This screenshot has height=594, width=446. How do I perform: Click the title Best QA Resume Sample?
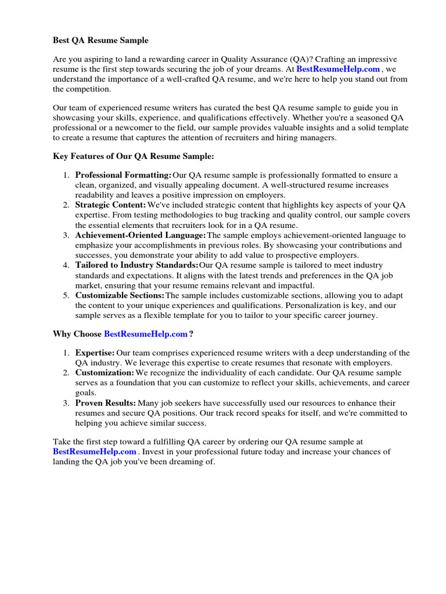[x=100, y=40]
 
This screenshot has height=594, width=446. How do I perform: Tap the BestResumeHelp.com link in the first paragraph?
[x=338, y=69]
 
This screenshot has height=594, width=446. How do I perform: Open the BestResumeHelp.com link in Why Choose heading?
[x=146, y=334]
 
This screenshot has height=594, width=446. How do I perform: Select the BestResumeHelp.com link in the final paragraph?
[x=95, y=452]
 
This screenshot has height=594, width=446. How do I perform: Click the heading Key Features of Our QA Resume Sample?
[x=134, y=156]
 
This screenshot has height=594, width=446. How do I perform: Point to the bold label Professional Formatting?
[x=123, y=175]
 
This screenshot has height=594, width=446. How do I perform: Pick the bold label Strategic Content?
[x=110, y=205]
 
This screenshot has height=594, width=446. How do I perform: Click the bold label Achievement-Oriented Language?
[x=141, y=235]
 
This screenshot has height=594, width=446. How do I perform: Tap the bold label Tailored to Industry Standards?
[x=136, y=265]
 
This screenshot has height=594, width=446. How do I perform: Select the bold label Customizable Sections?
[x=120, y=295]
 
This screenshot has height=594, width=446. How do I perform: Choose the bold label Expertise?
[x=95, y=352]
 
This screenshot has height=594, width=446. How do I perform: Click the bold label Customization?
[x=105, y=372]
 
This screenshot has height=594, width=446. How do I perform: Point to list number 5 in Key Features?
[x=66, y=295]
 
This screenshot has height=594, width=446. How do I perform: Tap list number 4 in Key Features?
[x=66, y=265]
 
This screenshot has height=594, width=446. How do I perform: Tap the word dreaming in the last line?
[x=187, y=462]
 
